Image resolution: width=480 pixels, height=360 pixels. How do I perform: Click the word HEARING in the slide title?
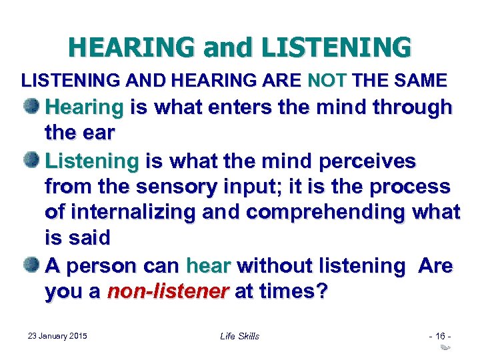[131, 47]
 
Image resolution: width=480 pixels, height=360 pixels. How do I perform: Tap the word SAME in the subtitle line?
[422, 81]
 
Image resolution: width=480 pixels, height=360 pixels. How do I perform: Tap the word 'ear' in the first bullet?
[99, 133]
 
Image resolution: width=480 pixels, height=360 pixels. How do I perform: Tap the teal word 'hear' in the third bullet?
[208, 266]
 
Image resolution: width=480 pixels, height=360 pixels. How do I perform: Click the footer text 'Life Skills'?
[239, 335]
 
